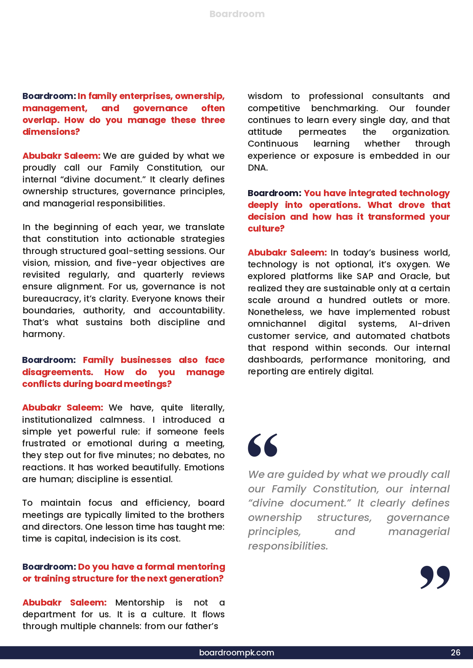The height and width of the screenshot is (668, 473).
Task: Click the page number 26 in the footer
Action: (x=455, y=652)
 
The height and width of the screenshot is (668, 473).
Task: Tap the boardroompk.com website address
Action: (x=236, y=652)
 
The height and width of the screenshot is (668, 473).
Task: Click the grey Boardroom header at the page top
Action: (x=237, y=14)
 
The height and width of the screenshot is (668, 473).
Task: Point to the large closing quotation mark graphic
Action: (x=435, y=577)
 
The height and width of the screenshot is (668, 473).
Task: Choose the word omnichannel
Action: (x=277, y=324)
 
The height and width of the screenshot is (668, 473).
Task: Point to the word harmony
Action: (x=43, y=334)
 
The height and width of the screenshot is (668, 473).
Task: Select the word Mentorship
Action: (x=139, y=602)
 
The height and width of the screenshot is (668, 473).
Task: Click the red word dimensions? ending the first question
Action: (x=51, y=132)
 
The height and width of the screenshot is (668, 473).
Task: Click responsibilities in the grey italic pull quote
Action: (x=288, y=546)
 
